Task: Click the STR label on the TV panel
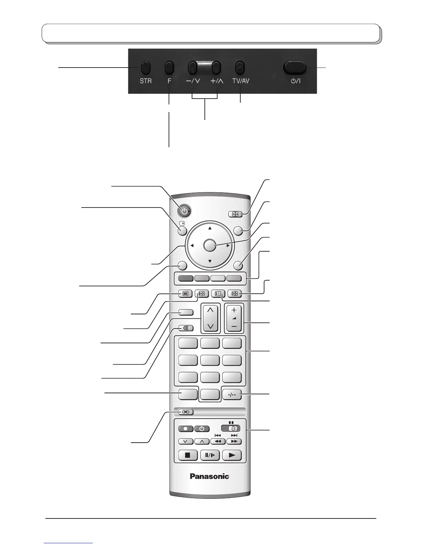(x=145, y=81)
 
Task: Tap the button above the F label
(x=169, y=68)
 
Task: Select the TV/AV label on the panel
(x=241, y=81)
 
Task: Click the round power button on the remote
(x=185, y=211)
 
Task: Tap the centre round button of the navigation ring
(x=210, y=245)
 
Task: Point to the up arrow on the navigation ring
(x=210, y=228)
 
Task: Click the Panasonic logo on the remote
(x=210, y=476)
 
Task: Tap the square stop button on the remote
(x=188, y=455)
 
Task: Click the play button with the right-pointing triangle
(x=232, y=455)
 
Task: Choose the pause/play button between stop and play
(x=210, y=455)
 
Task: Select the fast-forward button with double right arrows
(x=234, y=441)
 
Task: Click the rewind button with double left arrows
(x=218, y=441)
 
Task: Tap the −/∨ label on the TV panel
(x=193, y=81)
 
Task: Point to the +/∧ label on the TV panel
(x=217, y=81)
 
